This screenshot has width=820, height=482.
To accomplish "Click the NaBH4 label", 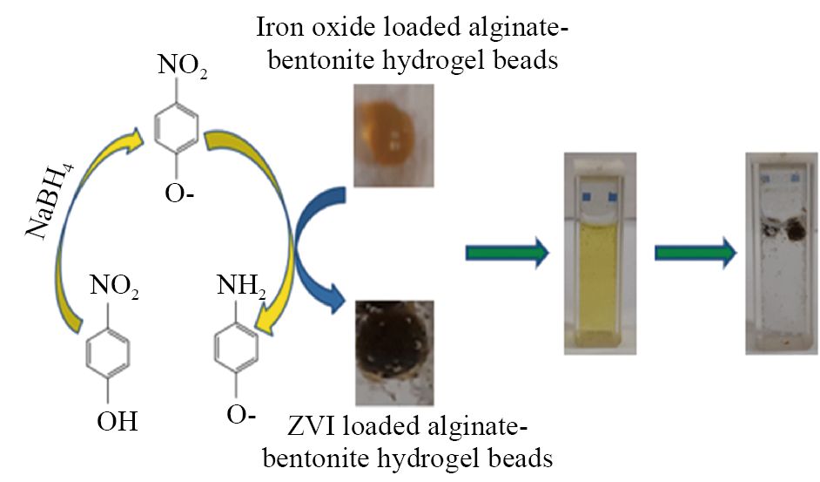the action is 50,201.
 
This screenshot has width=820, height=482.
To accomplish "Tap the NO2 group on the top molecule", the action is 182,66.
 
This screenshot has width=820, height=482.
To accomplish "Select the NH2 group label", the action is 241,286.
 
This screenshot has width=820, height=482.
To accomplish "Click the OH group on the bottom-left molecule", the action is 118,421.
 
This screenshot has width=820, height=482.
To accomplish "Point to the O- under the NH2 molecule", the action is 241,415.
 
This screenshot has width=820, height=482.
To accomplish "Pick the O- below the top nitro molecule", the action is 179,193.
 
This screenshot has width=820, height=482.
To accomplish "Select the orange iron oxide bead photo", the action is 393,135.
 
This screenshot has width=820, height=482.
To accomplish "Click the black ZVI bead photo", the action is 394,353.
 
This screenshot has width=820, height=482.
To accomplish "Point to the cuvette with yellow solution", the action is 600,254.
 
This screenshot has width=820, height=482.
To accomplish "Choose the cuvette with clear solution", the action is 782,254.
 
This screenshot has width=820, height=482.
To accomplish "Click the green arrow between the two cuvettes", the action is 696,253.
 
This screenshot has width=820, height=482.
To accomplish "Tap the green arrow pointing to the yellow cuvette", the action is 507,253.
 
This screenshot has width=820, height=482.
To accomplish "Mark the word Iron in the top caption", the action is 279,27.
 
